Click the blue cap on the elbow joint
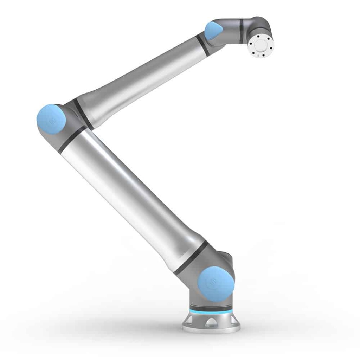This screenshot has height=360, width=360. pyautogui.click(x=51, y=119)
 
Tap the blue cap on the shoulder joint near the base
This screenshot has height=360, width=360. pyautogui.click(x=216, y=284)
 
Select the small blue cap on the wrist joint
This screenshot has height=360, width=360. pyautogui.click(x=213, y=31)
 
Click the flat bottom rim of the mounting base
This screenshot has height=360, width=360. pyautogui.click(x=211, y=329)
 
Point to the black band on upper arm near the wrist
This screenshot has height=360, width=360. pyautogui.click(x=203, y=45)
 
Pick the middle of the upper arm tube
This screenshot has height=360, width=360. pyautogui.click(x=141, y=76)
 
